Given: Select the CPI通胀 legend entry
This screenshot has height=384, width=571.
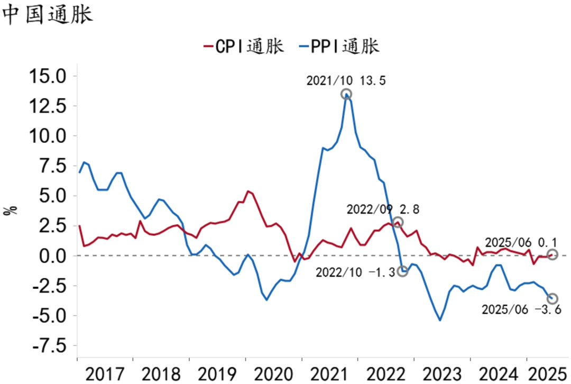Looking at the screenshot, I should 244,47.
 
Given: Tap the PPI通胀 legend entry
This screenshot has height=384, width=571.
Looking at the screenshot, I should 339,47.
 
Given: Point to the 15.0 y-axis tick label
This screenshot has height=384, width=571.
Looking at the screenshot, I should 47,76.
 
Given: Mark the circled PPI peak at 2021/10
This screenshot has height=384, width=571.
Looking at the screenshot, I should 346,94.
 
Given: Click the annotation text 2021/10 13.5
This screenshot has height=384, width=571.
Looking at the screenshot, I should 346,80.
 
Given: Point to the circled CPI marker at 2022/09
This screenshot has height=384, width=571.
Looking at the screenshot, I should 398,222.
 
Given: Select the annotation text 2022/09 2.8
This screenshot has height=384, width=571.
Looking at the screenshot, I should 383,209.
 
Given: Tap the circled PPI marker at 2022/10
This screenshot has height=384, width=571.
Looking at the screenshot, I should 403,271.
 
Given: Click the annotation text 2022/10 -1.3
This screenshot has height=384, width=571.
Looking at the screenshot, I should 355,273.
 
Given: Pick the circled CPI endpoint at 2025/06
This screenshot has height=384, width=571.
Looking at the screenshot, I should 552,255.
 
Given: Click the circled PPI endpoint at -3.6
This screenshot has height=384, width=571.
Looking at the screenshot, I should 552,299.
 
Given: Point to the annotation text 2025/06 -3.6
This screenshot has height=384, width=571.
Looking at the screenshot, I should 521,310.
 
